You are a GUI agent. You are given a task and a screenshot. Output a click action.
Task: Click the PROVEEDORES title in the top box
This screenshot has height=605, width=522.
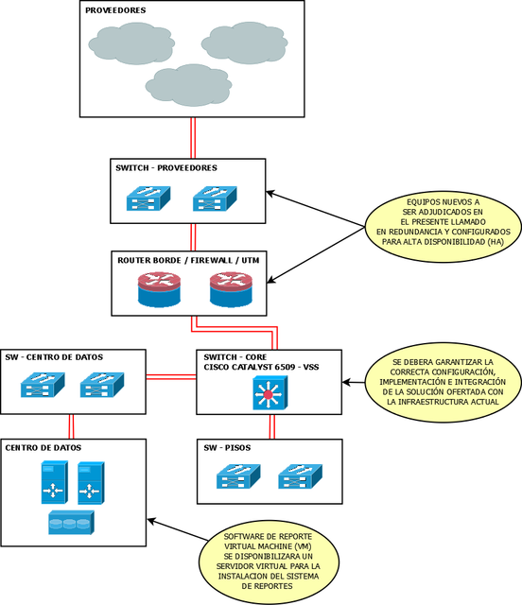(x=115, y=10)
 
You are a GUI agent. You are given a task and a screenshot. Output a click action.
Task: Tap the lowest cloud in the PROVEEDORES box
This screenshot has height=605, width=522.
(x=188, y=85)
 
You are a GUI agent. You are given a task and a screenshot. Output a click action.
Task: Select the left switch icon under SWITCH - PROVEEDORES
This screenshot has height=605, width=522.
(x=148, y=199)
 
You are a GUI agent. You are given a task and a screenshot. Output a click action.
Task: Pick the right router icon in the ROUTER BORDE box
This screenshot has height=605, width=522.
(x=231, y=289)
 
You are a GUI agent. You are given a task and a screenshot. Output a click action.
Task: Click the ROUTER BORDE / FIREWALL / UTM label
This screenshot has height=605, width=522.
(x=188, y=261)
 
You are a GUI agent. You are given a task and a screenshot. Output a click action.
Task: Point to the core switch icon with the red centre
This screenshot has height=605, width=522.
(x=270, y=393)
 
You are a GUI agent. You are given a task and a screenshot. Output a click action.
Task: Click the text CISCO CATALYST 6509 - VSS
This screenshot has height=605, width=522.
(x=261, y=367)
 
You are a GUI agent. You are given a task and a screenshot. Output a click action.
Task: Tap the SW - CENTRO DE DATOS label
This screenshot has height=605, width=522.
(x=54, y=357)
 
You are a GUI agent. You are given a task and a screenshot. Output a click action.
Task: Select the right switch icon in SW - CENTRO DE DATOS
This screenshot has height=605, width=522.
(x=102, y=385)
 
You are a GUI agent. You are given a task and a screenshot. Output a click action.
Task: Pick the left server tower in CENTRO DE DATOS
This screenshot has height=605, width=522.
(x=55, y=482)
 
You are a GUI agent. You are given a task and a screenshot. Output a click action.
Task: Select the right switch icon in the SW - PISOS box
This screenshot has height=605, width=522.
(x=300, y=476)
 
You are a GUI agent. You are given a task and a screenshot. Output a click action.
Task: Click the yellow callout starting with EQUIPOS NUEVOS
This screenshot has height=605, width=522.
(x=444, y=222)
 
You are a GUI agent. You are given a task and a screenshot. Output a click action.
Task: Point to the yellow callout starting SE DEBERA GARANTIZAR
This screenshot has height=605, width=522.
(x=443, y=382)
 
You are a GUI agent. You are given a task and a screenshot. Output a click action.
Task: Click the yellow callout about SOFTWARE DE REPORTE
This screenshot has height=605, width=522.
(x=269, y=562)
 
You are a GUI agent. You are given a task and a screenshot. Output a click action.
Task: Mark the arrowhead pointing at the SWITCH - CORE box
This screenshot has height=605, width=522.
(x=346, y=382)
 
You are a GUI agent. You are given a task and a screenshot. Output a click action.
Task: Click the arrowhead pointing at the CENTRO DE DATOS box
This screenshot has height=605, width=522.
(x=151, y=521)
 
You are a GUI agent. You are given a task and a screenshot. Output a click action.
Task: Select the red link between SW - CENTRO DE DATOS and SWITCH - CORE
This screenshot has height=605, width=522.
(x=171, y=377)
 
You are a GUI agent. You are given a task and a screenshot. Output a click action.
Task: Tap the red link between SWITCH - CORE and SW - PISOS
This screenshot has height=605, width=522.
(x=271, y=426)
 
